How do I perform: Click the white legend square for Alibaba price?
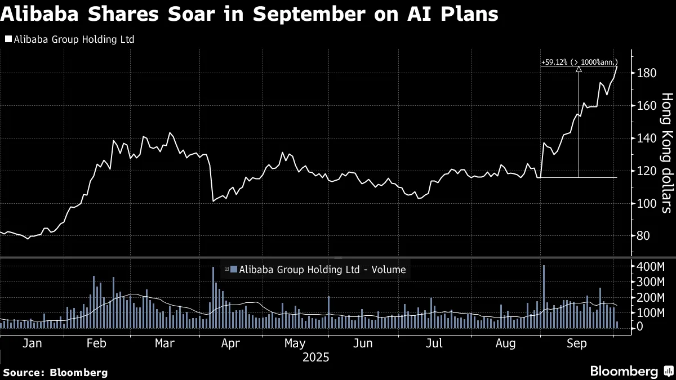7,39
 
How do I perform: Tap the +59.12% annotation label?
579,62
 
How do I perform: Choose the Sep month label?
576,343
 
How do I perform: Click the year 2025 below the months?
315,357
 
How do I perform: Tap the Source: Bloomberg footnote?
55,372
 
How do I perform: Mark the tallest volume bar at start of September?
544,296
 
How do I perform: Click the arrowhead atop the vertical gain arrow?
579,70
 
